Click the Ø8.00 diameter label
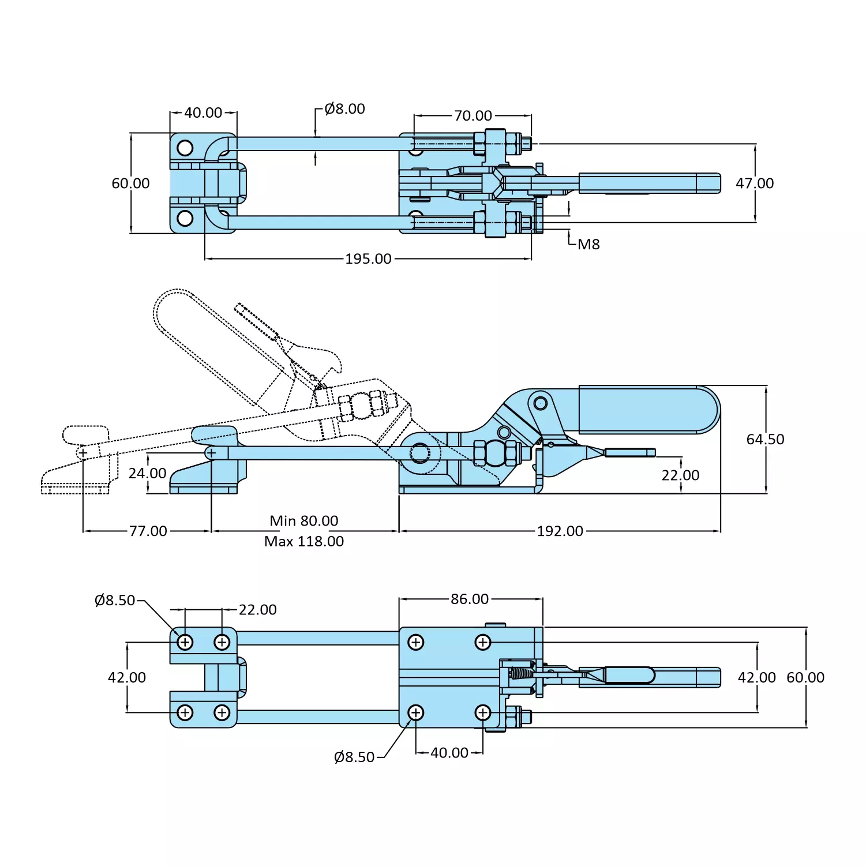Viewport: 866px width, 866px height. tap(344, 109)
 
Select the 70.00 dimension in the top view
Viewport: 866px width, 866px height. tap(473, 116)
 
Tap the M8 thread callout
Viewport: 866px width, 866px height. tap(588, 245)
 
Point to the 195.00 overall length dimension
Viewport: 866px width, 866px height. tap(368, 259)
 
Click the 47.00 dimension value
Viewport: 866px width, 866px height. tap(755, 183)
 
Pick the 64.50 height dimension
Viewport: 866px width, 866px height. tap(765, 440)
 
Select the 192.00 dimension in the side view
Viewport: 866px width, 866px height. tap(560, 531)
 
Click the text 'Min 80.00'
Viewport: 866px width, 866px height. tap(304, 521)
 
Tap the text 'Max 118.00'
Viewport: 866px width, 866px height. tap(304, 542)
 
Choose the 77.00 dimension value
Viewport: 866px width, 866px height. tap(148, 531)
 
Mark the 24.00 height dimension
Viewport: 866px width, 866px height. tap(147, 474)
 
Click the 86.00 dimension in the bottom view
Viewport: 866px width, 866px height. tap(470, 599)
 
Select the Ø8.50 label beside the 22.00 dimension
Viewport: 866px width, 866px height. tap(115, 601)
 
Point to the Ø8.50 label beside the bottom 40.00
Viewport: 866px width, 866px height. tap(354, 757)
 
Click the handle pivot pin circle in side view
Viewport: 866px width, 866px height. tap(541, 402)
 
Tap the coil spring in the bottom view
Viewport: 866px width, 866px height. tap(522, 673)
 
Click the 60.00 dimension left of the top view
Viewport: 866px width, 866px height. tap(130, 183)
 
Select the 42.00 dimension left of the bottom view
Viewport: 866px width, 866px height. tap(127, 677)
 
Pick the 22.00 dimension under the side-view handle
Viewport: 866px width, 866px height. tap(680, 475)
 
